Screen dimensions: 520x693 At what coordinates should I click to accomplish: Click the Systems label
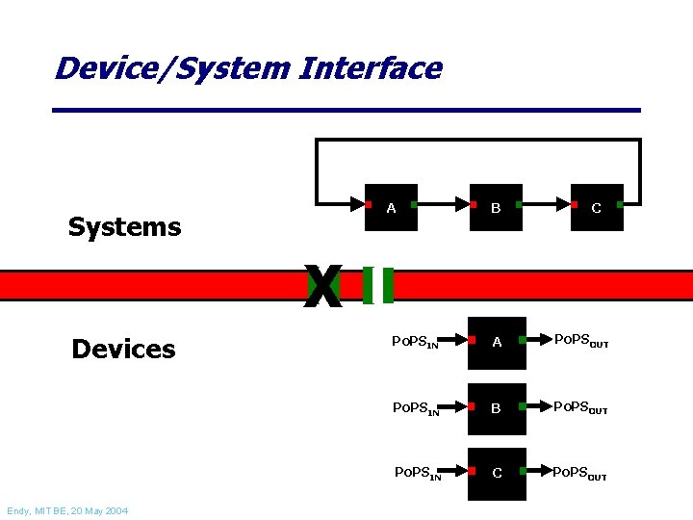coord(124,227)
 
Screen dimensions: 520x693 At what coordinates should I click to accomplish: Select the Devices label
coord(123,349)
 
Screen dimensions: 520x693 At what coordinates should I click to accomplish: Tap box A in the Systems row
coord(391,207)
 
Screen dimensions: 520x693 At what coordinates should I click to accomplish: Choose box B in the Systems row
coord(496,207)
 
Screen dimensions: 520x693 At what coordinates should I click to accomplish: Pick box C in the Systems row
coord(597,207)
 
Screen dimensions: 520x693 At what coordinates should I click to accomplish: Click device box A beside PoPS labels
coord(497,343)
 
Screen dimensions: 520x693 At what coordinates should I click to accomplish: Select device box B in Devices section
coord(497,408)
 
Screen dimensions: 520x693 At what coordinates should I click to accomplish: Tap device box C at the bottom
coord(497,472)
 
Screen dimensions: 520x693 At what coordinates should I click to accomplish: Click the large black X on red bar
coord(323,287)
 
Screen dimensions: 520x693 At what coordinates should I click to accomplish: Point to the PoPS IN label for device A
coord(416,342)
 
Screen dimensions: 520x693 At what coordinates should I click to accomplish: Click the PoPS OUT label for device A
coord(580,342)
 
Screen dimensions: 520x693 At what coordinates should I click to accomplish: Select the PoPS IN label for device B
coord(416,407)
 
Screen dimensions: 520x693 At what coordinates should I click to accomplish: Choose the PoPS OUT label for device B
coord(580,407)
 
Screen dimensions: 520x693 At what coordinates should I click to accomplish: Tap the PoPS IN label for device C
coord(418,472)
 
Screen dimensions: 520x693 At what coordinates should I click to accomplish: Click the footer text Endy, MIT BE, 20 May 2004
coord(66,510)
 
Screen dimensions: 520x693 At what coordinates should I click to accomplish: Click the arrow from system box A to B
coord(443,205)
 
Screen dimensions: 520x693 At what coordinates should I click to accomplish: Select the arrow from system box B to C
coord(547,205)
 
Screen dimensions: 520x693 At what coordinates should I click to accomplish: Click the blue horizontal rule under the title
coord(346,111)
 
